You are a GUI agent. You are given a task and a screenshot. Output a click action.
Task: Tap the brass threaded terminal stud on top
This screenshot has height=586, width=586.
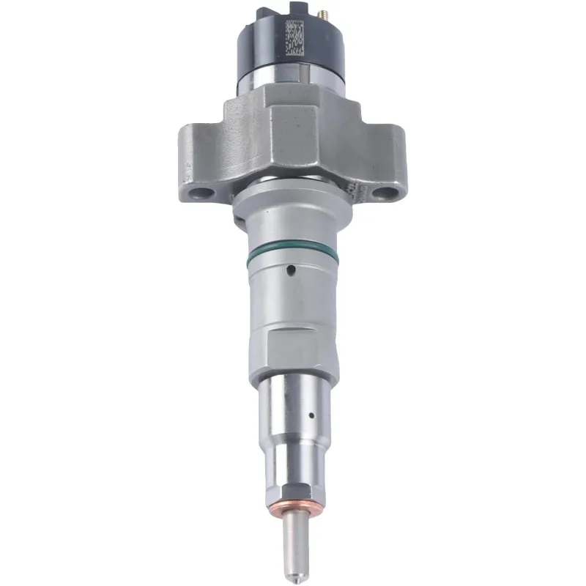(320, 9)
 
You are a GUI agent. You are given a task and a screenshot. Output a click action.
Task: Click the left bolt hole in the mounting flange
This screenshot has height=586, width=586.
(199, 193)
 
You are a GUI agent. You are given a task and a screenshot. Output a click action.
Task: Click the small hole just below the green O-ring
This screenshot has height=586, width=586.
(291, 270)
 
